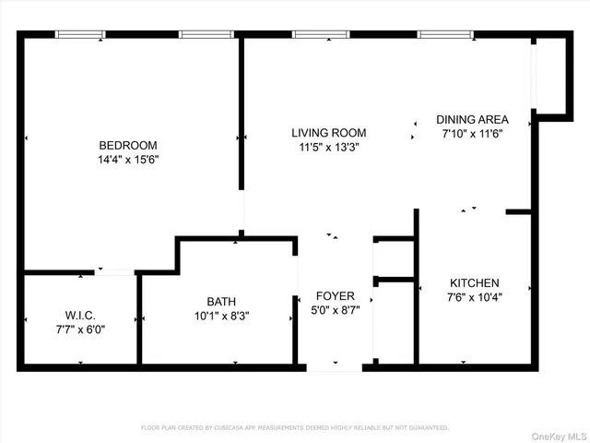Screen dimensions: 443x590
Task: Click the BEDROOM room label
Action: click(x=128, y=145)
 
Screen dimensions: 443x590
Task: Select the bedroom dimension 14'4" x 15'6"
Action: click(x=128, y=159)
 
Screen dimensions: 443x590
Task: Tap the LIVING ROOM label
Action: click(x=329, y=132)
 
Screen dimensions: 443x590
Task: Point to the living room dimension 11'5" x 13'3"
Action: click(x=329, y=146)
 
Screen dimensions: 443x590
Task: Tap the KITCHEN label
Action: click(x=474, y=282)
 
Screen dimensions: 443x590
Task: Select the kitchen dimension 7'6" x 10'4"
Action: click(x=474, y=296)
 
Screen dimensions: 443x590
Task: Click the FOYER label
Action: click(x=334, y=295)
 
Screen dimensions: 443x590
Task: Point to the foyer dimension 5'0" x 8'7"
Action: click(x=334, y=309)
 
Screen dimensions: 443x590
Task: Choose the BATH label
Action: click(x=220, y=301)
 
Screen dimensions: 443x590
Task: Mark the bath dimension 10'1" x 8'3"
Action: click(x=220, y=315)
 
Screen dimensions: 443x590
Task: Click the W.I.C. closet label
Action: click(x=80, y=315)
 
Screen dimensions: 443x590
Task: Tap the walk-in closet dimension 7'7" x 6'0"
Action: click(x=80, y=329)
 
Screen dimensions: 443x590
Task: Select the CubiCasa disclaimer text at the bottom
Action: click(x=294, y=427)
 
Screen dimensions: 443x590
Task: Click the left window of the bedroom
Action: click(x=80, y=35)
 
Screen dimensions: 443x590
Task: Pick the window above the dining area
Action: click(x=445, y=35)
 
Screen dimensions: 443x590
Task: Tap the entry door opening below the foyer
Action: click(x=334, y=367)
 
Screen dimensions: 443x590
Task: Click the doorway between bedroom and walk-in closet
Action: click(x=115, y=272)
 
